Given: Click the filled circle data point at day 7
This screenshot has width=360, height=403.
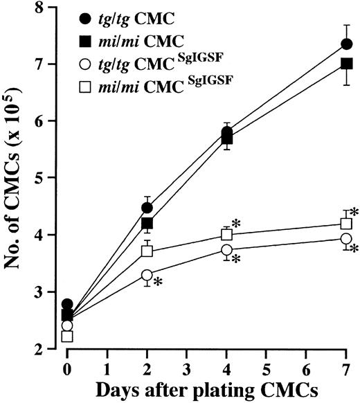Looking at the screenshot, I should pos(346,44).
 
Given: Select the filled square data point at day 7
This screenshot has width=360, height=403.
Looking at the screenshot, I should pos(346,64).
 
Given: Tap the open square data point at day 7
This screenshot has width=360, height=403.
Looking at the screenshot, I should pos(346,223).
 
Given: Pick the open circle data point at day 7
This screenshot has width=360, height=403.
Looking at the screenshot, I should pos(346,238).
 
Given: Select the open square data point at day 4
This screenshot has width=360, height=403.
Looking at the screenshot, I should pos(226,235).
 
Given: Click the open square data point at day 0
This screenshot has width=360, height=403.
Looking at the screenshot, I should pos(67,337).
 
